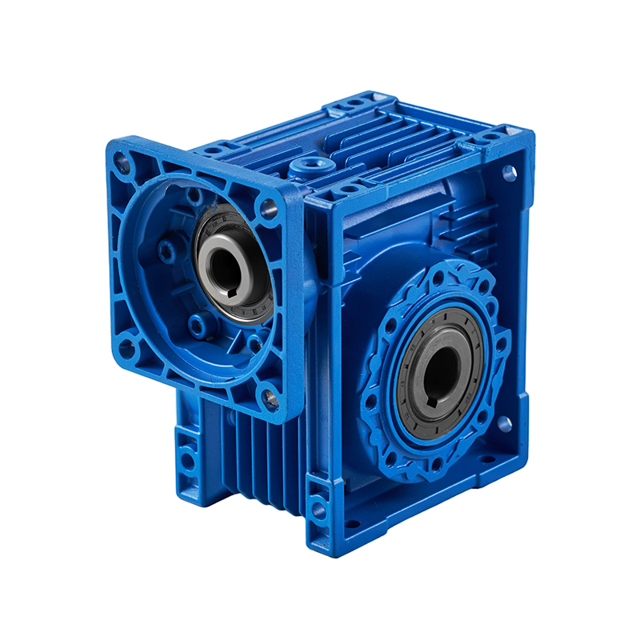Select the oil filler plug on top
point(308,168)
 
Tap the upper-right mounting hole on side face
point(507,170)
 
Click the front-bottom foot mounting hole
point(319,507)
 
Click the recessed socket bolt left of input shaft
point(167,251)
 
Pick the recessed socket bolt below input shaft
point(197,322)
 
